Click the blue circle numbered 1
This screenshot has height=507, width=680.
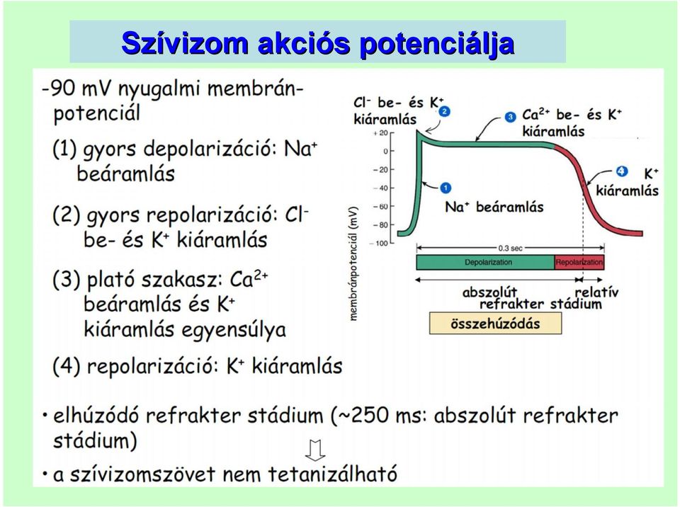[446, 188]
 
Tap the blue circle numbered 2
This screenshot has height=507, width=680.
[445, 112]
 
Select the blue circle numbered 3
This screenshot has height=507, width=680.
[511, 117]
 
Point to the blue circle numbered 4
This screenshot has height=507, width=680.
[622, 171]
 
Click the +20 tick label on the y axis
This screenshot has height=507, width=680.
[380, 133]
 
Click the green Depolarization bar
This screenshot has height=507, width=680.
[485, 263]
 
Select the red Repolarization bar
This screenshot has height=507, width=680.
[579, 263]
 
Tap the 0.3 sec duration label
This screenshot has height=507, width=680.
[511, 249]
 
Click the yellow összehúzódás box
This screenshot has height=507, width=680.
[495, 324]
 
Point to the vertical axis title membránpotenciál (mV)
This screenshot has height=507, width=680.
[354, 263]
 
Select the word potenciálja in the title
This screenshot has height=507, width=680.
[437, 44]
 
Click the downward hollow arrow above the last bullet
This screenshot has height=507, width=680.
[315, 450]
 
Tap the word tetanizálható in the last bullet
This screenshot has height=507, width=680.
[332, 474]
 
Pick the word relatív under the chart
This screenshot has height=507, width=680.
[596, 292]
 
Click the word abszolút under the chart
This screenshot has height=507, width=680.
[489, 292]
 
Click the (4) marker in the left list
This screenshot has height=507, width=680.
[67, 366]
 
